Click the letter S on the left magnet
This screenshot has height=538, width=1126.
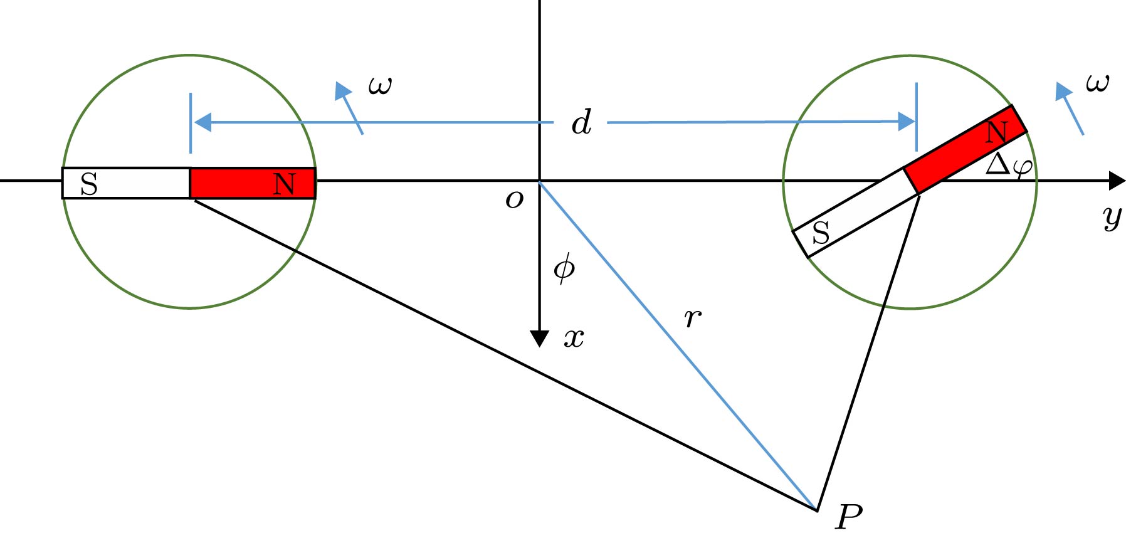(x=89, y=184)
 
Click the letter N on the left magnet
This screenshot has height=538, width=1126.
(x=284, y=184)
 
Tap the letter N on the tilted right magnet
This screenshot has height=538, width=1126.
(x=996, y=132)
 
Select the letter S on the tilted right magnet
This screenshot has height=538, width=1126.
(x=821, y=233)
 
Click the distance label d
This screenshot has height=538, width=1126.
(x=581, y=122)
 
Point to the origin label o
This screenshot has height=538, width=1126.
(x=514, y=199)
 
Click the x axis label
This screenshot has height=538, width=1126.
(x=574, y=339)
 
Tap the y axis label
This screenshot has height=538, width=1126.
(x=1112, y=218)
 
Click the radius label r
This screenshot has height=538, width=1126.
(x=692, y=319)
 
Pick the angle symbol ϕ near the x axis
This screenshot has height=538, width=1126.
(x=564, y=268)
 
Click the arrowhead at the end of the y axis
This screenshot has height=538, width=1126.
(x=1117, y=181)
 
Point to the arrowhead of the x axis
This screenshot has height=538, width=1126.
(x=540, y=339)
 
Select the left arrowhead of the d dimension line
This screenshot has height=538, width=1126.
(x=203, y=122)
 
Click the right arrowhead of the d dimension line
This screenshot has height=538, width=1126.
(x=907, y=122)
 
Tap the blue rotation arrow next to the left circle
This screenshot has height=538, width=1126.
(x=349, y=108)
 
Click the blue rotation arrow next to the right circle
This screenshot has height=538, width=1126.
(x=1070, y=108)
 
